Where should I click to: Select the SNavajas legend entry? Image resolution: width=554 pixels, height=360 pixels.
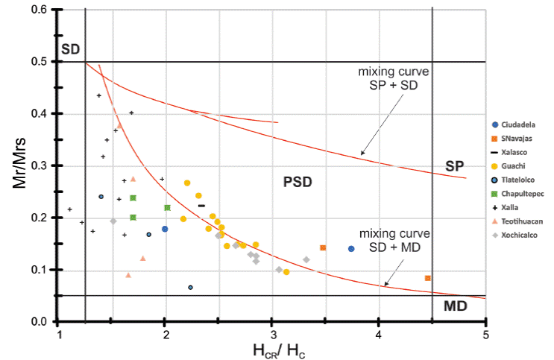(520, 138)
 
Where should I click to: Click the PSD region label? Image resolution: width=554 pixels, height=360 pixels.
(298, 181)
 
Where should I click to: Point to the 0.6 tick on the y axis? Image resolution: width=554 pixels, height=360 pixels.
(41, 10)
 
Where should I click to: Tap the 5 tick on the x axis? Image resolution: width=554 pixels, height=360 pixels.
(485, 333)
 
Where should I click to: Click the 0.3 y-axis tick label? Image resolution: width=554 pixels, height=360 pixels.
(41, 165)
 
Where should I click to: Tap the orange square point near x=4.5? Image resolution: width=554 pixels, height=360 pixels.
(428, 278)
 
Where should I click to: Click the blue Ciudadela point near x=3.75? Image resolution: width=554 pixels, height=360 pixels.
(351, 249)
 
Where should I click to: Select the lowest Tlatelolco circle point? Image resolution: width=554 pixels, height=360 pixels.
(191, 287)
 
